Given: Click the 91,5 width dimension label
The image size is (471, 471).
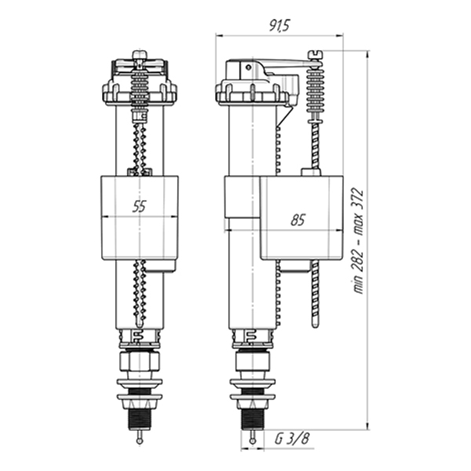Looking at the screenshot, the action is (279, 26).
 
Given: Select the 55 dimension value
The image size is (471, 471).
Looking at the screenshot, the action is (140, 206).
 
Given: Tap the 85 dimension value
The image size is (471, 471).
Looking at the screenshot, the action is (298, 220).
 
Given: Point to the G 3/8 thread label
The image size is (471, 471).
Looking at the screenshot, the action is (292, 439).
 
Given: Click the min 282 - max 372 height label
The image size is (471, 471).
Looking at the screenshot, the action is (358, 241).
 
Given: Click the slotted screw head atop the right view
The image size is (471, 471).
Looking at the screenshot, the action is (315, 53).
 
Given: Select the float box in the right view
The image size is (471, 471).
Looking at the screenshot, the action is (301, 217).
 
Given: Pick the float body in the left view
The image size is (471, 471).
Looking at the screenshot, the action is (140, 217).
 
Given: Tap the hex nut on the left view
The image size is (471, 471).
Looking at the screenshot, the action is (140, 361).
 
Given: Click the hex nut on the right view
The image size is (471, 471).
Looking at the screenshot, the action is (253, 361).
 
